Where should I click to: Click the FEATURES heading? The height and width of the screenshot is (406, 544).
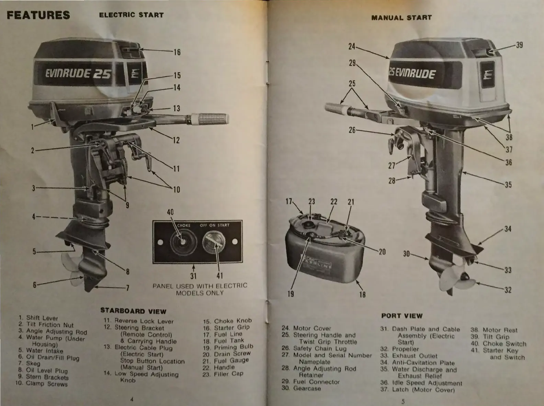[38, 15]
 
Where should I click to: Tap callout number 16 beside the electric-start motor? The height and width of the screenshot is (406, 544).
[177, 52]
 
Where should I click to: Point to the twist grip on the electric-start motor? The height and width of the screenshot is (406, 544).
[210, 119]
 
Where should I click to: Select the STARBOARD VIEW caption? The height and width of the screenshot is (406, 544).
[133, 311]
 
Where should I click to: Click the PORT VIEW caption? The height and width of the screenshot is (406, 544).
[402, 316]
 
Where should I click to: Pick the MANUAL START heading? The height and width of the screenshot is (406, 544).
[401, 18]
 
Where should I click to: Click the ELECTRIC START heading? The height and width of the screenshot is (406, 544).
[131, 15]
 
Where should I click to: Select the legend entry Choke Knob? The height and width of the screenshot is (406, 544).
[228, 321]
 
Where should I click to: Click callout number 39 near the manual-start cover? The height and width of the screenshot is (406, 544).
[519, 45]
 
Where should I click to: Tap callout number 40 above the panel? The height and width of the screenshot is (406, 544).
[170, 212]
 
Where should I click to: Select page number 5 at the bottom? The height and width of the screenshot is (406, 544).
[403, 401]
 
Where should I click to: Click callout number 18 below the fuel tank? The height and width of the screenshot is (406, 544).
[362, 295]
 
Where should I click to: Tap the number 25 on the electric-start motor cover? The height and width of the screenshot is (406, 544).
[103, 73]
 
